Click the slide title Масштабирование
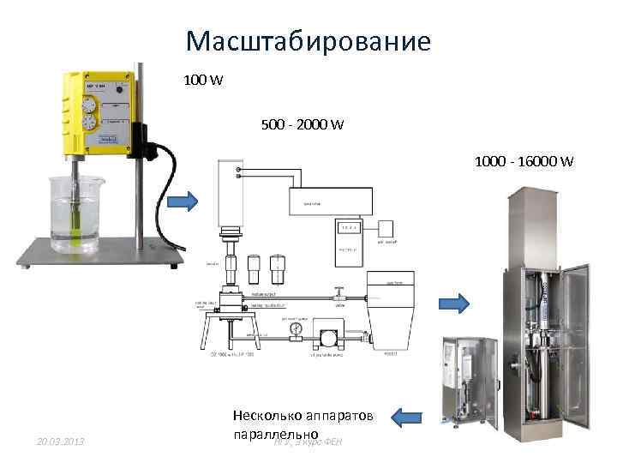pos(309,41)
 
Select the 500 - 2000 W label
pos(302,125)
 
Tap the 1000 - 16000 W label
pos(520,161)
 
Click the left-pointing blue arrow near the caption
pos(410,418)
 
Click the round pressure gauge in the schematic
pos(297,328)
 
